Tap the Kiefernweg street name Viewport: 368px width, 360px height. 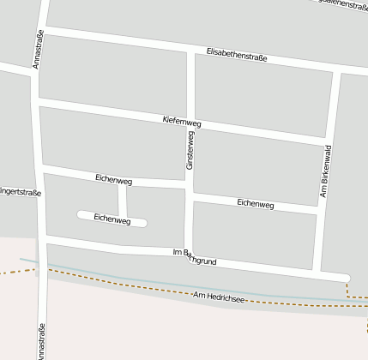[x=181, y=123]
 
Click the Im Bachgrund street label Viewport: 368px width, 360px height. [x=202, y=254]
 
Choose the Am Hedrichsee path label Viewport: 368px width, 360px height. [x=220, y=297]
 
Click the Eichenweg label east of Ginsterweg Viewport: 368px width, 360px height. [x=255, y=204]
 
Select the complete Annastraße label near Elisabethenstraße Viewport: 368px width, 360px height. [x=38, y=50]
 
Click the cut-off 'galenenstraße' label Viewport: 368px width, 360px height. [x=338, y=4]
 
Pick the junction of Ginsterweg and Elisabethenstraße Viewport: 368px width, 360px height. [x=190, y=51]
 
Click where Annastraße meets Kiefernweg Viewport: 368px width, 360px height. [x=37, y=104]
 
